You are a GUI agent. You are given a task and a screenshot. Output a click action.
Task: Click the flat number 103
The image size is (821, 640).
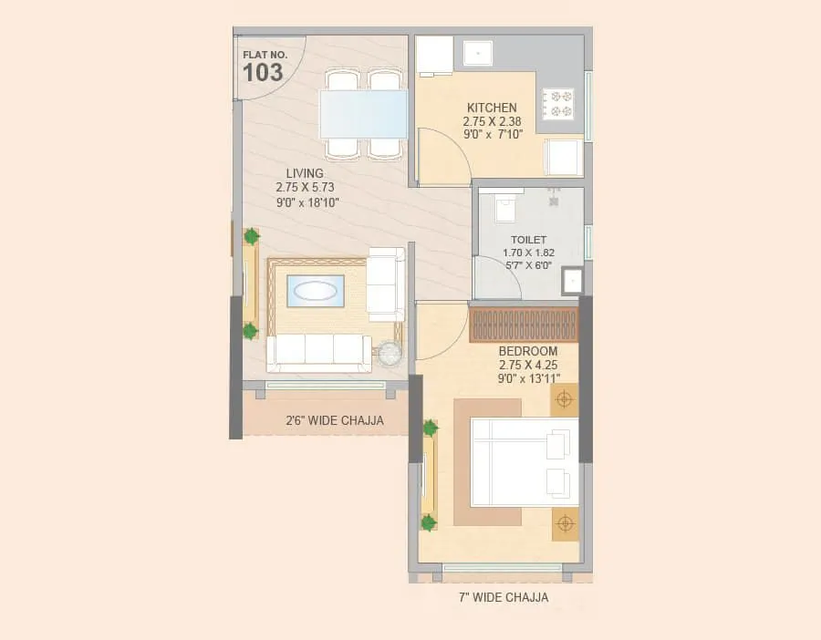pyautogui.click(x=263, y=72)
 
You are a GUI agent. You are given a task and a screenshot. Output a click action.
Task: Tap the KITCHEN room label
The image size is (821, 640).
pyautogui.click(x=492, y=108)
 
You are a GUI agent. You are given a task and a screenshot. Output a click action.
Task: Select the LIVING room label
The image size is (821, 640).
pyautogui.click(x=305, y=173)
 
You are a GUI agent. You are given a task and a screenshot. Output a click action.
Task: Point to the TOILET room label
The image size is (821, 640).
pyautogui.click(x=529, y=240)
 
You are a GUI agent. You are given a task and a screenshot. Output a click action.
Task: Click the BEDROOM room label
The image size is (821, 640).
pyautogui.click(x=527, y=351)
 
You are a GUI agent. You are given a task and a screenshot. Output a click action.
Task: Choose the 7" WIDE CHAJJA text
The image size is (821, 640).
pyautogui.click(x=503, y=598)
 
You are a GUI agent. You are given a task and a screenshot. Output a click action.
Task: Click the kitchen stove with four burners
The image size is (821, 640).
pyautogui.click(x=557, y=104)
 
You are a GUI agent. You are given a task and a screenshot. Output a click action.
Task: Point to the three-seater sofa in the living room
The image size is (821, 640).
pyautogui.click(x=319, y=352)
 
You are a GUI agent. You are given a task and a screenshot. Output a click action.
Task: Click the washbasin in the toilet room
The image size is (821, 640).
pyautogui.click(x=572, y=281)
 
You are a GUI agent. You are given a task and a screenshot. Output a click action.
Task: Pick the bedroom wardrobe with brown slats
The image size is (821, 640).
pyautogui.click(x=524, y=325)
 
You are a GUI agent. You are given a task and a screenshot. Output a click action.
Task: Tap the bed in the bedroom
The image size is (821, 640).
pyautogui.click(x=523, y=462)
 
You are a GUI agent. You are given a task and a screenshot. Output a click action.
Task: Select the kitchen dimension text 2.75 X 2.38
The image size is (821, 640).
pyautogui.click(x=492, y=121)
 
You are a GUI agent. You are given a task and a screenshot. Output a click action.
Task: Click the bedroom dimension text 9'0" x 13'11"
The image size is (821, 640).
pyautogui.click(x=528, y=377)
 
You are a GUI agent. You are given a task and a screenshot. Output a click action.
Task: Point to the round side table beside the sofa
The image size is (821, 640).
pyautogui.click(x=390, y=353)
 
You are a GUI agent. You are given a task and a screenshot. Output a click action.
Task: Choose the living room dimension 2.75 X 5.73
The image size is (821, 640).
pyautogui.click(x=307, y=188)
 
